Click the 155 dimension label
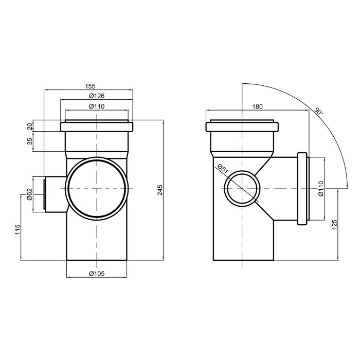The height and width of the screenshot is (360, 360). coord(90,86)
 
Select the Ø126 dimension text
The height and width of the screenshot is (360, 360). coord(97,96)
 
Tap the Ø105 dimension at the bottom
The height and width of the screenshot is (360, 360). coord(97,274)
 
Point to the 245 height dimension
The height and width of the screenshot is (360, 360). coord(160,190)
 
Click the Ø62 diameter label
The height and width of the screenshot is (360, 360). coord(29,194)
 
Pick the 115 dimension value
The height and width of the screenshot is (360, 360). coord(17,229)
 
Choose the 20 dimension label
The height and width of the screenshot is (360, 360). coord(30,126)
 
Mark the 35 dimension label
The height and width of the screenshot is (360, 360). coord(30,141)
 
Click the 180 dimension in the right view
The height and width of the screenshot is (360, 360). coord(257,106)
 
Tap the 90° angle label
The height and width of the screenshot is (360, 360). coord(319,112)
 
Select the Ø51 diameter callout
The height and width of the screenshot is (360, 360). coord(222,169)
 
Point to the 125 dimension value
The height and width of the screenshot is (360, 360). coord(334,224)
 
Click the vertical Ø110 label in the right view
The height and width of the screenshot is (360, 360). coord(321,189)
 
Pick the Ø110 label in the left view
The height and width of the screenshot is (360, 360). coord(97,106)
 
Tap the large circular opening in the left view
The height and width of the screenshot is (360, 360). coord(97,189)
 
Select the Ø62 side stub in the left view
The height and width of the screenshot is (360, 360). coord(55,194)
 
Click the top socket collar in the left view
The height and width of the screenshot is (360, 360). coord(97,127)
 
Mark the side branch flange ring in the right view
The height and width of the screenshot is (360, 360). coord(302,189)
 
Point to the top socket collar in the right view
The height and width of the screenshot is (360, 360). coord(242,127)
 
